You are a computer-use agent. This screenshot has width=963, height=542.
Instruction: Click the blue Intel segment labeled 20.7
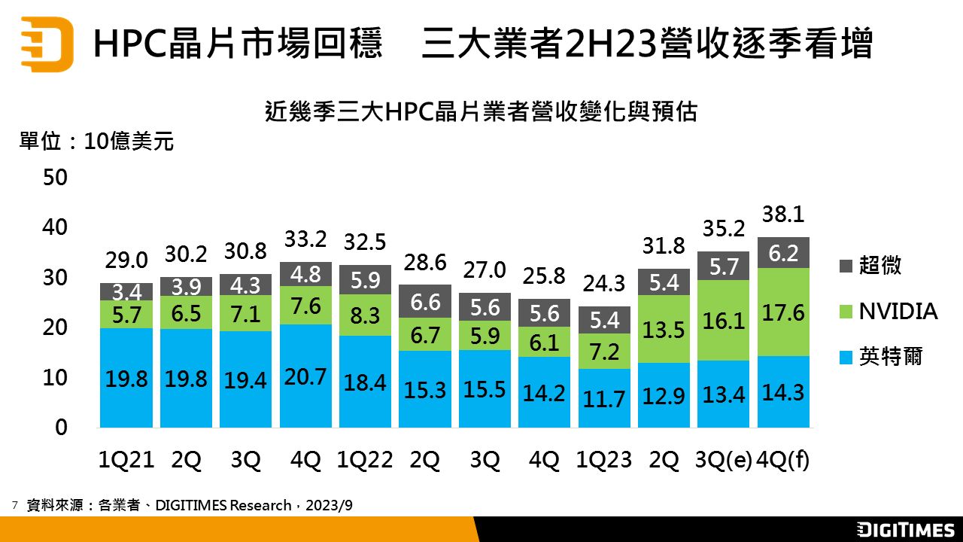(x=305, y=376)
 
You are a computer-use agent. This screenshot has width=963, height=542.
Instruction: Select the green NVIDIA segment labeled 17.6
(x=783, y=312)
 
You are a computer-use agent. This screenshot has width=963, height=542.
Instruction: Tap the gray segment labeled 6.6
(x=425, y=301)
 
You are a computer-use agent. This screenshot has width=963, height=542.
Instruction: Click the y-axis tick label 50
(x=56, y=178)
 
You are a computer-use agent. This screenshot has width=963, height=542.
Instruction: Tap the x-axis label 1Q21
(x=126, y=461)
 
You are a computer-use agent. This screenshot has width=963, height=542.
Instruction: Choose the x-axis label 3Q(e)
(x=724, y=461)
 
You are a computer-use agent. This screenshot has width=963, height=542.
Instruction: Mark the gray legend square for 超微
(x=845, y=266)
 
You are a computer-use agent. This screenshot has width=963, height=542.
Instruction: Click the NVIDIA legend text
(x=898, y=312)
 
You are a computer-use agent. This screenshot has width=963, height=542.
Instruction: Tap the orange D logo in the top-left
(x=47, y=43)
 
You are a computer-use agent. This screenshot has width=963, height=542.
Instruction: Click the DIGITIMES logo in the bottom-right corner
(x=906, y=529)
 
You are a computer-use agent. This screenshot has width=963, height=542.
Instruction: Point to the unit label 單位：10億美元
(x=96, y=141)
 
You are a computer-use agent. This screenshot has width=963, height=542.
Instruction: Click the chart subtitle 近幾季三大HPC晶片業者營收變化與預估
(x=481, y=112)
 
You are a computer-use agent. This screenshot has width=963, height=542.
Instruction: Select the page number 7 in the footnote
(x=14, y=505)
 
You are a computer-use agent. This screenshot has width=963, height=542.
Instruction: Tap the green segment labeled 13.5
(x=664, y=329)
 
